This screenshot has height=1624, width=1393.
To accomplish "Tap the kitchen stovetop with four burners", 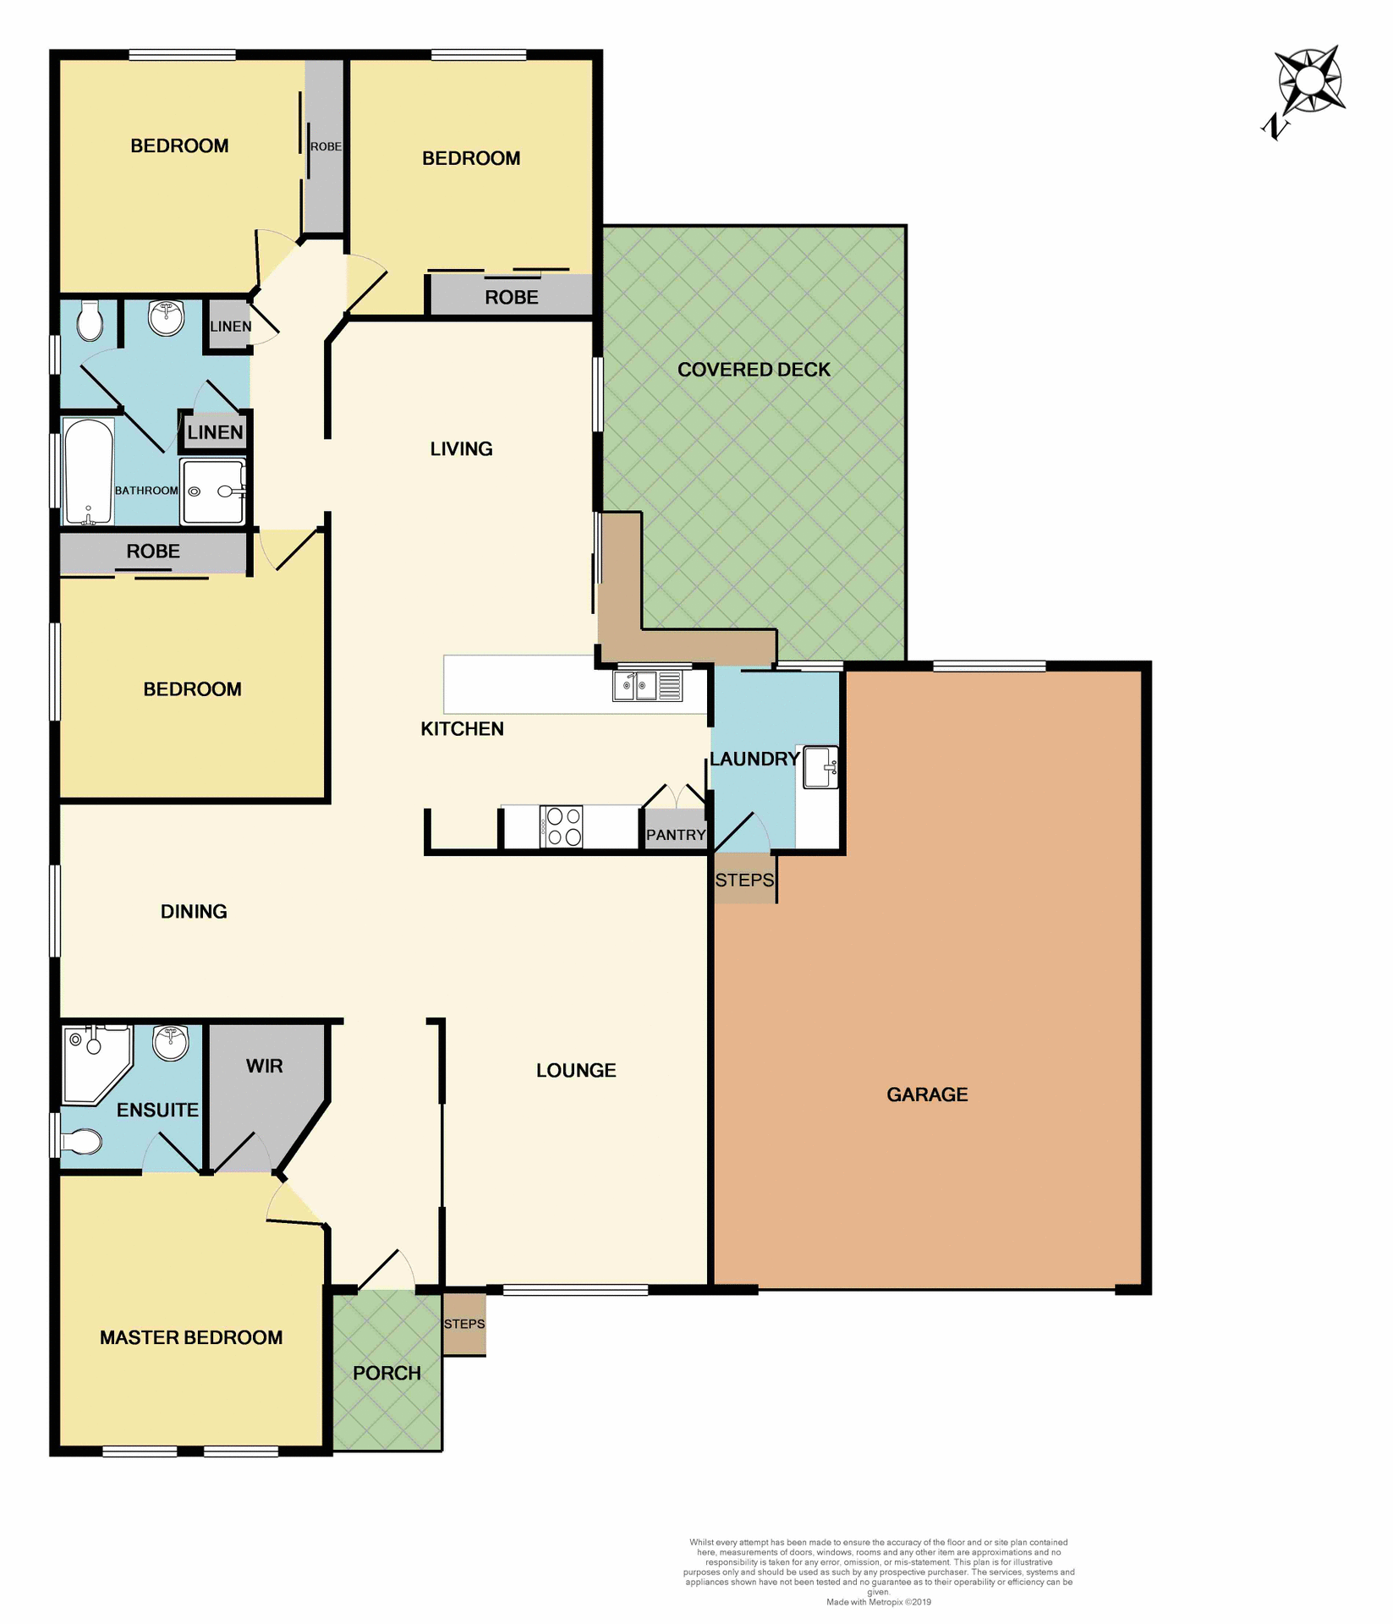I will pyautogui.click(x=561, y=826).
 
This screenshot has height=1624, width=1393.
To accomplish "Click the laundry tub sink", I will pyautogui.click(x=820, y=767).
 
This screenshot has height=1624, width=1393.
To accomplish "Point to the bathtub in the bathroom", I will pyautogui.click(x=89, y=472).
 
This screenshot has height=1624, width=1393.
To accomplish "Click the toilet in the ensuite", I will pyautogui.click(x=82, y=1142).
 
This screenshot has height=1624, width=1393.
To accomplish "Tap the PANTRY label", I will pyautogui.click(x=675, y=835).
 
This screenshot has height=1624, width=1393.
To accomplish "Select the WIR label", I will pyautogui.click(x=264, y=1066).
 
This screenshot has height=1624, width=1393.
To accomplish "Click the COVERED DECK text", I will pyautogui.click(x=754, y=370).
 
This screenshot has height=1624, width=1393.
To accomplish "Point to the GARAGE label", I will pyautogui.click(x=927, y=1095).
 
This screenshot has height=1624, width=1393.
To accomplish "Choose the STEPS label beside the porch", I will pyautogui.click(x=464, y=1324).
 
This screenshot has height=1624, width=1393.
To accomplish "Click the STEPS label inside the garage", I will pyautogui.click(x=744, y=880).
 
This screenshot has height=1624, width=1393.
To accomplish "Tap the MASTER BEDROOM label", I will pyautogui.click(x=191, y=1337).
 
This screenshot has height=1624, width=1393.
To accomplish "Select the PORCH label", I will pyautogui.click(x=387, y=1373).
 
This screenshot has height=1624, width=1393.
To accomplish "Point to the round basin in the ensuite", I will pyautogui.click(x=171, y=1042).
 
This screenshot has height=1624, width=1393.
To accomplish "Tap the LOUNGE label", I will pyautogui.click(x=576, y=1070).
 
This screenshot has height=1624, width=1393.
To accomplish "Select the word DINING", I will pyautogui.click(x=194, y=911).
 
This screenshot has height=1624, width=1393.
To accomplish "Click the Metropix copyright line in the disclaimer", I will pyautogui.click(x=878, y=1602).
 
